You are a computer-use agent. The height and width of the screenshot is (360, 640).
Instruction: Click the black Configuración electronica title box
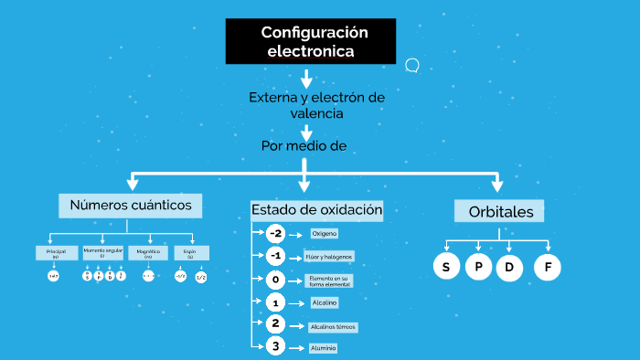tap(311, 42)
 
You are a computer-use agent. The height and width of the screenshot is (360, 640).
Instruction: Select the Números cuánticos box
tap(130, 205)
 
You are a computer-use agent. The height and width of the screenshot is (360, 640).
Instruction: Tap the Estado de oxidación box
tap(316, 210)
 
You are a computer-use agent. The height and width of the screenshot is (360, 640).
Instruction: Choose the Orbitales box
tap(499, 211)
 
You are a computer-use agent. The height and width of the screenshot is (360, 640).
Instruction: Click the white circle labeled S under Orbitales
tap(445, 267)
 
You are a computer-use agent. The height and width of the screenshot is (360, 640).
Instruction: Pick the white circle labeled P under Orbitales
tap(478, 267)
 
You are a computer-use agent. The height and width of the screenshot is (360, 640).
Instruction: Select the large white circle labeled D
tap(508, 267)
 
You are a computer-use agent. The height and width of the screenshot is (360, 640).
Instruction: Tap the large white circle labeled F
tap(548, 267)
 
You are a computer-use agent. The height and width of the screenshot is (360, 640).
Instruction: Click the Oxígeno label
tap(325, 233)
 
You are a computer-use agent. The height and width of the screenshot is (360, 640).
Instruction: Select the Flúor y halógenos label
tap(330, 257)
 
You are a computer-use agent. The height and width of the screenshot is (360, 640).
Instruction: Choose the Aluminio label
tap(323, 348)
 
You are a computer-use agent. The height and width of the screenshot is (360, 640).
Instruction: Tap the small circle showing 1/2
tap(200, 276)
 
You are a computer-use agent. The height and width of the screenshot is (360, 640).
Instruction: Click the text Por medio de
tap(303, 145)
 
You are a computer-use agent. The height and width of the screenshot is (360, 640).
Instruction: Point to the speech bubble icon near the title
tap(412, 65)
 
